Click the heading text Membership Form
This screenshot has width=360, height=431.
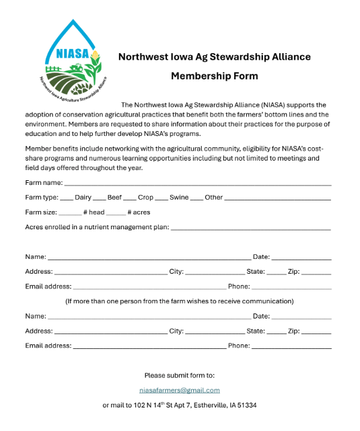(214, 76)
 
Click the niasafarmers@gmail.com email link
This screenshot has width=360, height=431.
(180, 390)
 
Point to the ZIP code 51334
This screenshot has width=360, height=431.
(246, 405)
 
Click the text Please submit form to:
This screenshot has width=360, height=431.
(180, 375)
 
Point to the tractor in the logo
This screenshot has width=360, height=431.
(75, 67)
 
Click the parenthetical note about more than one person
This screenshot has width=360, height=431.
(179, 301)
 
